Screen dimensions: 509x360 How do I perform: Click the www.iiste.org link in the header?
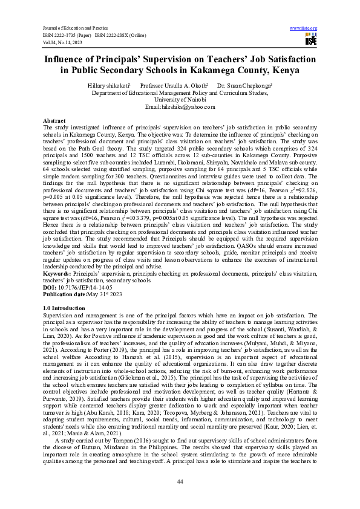[x=304, y=28]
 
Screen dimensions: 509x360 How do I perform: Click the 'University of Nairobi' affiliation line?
[x=180, y=100]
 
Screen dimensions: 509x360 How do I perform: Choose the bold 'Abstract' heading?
[x=54, y=121]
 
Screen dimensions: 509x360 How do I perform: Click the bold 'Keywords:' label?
[x=60, y=274]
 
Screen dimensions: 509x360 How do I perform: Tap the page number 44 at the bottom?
[x=180, y=481]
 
